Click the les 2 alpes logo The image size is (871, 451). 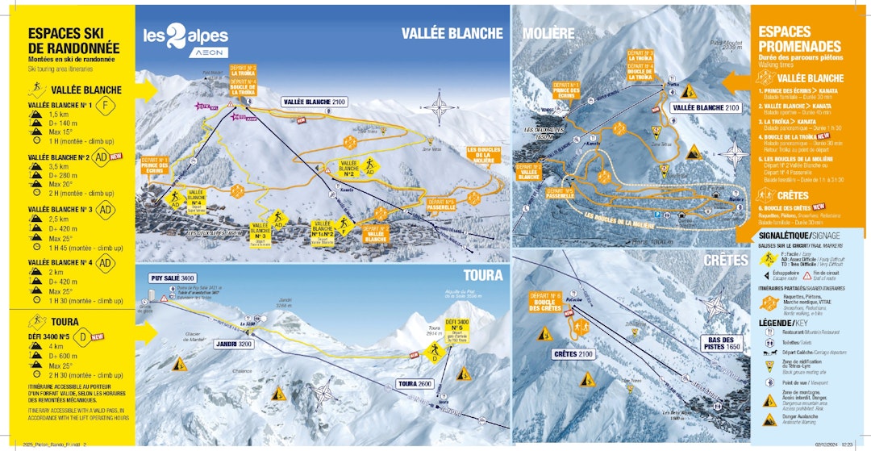185,38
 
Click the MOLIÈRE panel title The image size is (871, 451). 548,33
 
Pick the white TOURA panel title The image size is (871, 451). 483,275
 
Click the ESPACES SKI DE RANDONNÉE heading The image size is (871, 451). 73,42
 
